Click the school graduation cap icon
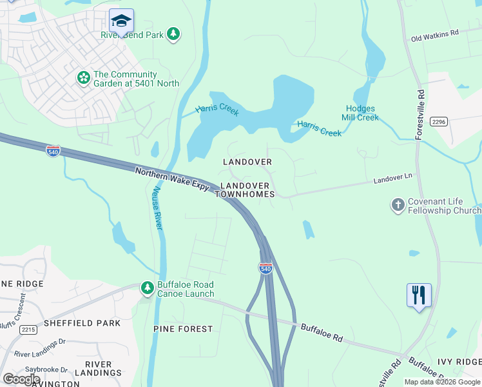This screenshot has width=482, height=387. [x=121, y=22]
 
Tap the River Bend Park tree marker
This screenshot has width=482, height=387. [x=173, y=34]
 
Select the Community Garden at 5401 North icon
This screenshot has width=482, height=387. [x=83, y=78]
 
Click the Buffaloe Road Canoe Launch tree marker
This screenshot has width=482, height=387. [x=148, y=288]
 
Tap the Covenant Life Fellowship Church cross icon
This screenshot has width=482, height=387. [x=398, y=205]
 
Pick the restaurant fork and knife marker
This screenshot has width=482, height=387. [x=419, y=295]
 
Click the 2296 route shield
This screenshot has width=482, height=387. [x=439, y=122]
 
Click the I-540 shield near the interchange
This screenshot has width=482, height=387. [x=265, y=268]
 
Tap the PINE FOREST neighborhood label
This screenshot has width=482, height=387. [x=183, y=329]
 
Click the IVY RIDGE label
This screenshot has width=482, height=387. [x=460, y=362]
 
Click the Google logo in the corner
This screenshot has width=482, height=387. [x=21, y=379]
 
